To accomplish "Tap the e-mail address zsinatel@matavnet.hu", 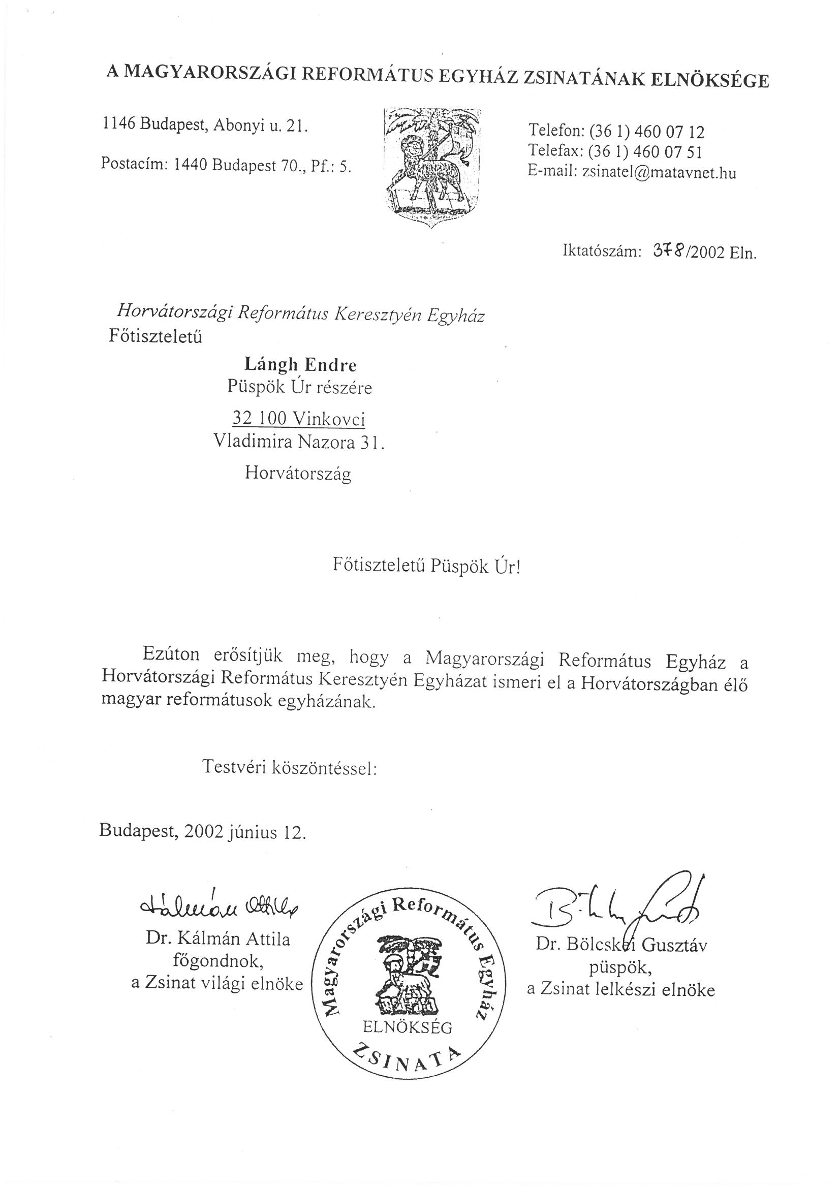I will pos(659,173).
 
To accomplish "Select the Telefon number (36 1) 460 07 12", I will pos(646,132).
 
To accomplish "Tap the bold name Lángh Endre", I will pos(300,365).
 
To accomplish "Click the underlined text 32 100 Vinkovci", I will pos(299,419).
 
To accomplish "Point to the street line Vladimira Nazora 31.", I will pos(299,443).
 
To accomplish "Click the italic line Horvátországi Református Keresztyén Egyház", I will pos(301,312).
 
